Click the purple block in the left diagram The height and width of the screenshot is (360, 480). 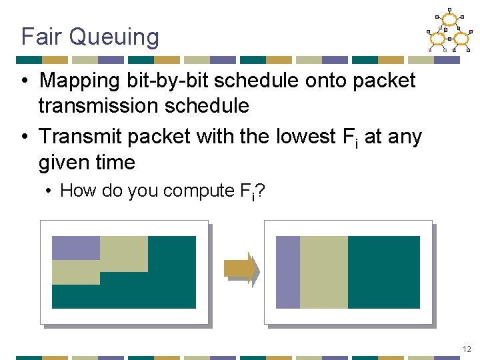[x=75, y=248]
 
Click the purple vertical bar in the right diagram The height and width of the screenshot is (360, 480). [x=287, y=272]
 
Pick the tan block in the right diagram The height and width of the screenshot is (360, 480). [x=323, y=272]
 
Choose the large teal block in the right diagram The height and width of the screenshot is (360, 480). [x=383, y=272]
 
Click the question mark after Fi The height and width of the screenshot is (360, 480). [x=261, y=191]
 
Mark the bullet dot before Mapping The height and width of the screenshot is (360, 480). [x=24, y=81]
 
